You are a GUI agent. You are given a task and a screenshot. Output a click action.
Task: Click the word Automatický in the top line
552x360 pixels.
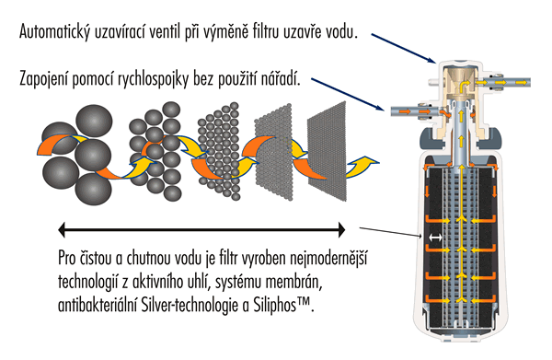54,32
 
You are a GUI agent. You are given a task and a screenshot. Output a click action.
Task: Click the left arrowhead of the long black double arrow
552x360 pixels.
62,229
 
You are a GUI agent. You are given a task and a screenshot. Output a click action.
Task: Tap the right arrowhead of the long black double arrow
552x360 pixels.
341,229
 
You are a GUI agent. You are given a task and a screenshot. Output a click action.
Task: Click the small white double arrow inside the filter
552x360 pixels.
435,238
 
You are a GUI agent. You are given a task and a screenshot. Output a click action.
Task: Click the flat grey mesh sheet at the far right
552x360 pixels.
327,152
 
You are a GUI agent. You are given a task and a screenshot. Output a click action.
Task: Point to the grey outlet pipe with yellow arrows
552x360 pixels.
502,82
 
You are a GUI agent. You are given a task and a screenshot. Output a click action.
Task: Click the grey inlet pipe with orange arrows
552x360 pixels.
416,111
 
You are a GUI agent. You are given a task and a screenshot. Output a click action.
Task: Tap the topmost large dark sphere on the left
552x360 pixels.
94,120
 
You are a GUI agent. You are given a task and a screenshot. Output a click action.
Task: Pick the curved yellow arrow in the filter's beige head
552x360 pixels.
465,85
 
